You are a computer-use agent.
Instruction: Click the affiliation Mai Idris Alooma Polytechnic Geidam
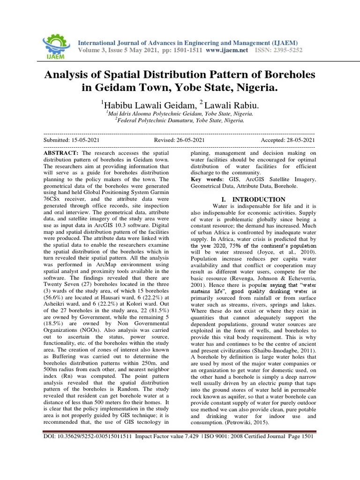[x=180, y=113]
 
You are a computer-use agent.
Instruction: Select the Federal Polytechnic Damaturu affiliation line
[x=180, y=120]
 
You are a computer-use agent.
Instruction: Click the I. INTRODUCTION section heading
[x=253, y=199]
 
